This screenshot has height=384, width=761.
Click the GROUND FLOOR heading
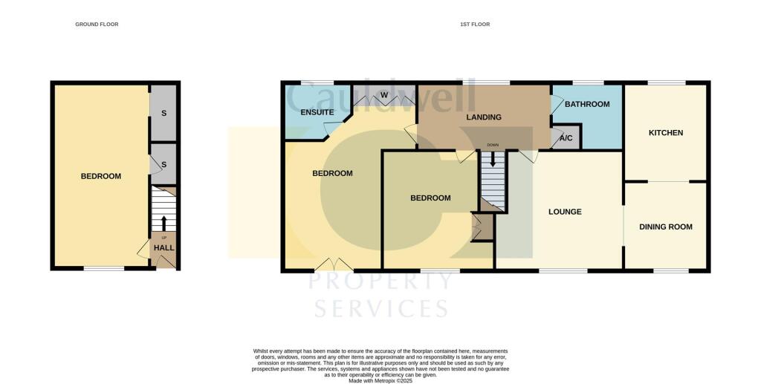(x=97, y=25)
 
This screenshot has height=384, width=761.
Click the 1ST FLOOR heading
(x=475, y=25)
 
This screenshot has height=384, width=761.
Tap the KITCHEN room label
(x=665, y=133)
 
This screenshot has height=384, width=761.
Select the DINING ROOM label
(x=665, y=227)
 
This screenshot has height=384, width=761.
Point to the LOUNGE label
(x=565, y=212)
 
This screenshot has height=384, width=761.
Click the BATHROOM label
(x=587, y=104)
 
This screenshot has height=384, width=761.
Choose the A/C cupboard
(x=566, y=139)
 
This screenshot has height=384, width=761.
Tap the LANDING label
(x=483, y=117)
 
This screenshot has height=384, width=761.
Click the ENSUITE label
(x=317, y=112)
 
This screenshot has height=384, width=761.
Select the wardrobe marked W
(x=384, y=95)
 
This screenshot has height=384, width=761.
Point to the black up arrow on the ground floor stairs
(x=163, y=221)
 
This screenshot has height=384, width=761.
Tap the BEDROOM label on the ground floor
(x=101, y=176)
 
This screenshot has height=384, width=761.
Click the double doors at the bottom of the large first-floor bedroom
(x=334, y=264)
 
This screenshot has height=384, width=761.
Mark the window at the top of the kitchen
(x=666, y=82)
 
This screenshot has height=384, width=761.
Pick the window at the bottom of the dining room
(x=665, y=270)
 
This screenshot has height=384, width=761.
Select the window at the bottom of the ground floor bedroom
(x=103, y=268)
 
